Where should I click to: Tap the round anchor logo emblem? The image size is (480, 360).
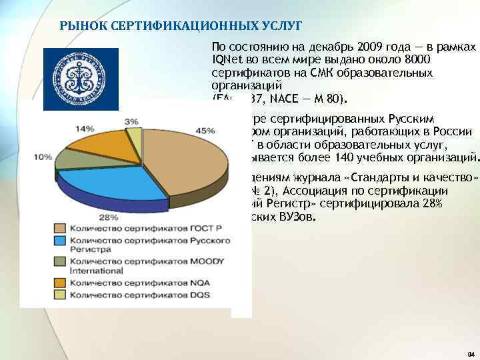click(81, 79)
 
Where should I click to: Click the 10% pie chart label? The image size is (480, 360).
click(45, 157)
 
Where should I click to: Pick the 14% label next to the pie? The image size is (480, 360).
click(85, 128)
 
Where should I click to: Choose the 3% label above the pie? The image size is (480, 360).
click(131, 121)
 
